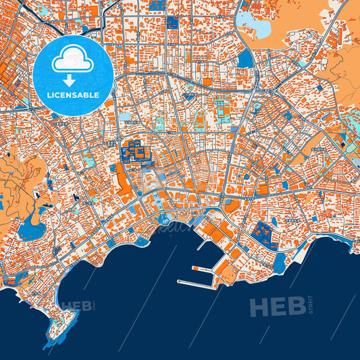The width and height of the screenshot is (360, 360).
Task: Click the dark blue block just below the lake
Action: (x=245, y=59)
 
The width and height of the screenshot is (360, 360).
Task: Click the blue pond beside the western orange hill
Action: (x=29, y=232)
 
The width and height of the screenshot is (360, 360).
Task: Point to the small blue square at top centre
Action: (x=172, y=22)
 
